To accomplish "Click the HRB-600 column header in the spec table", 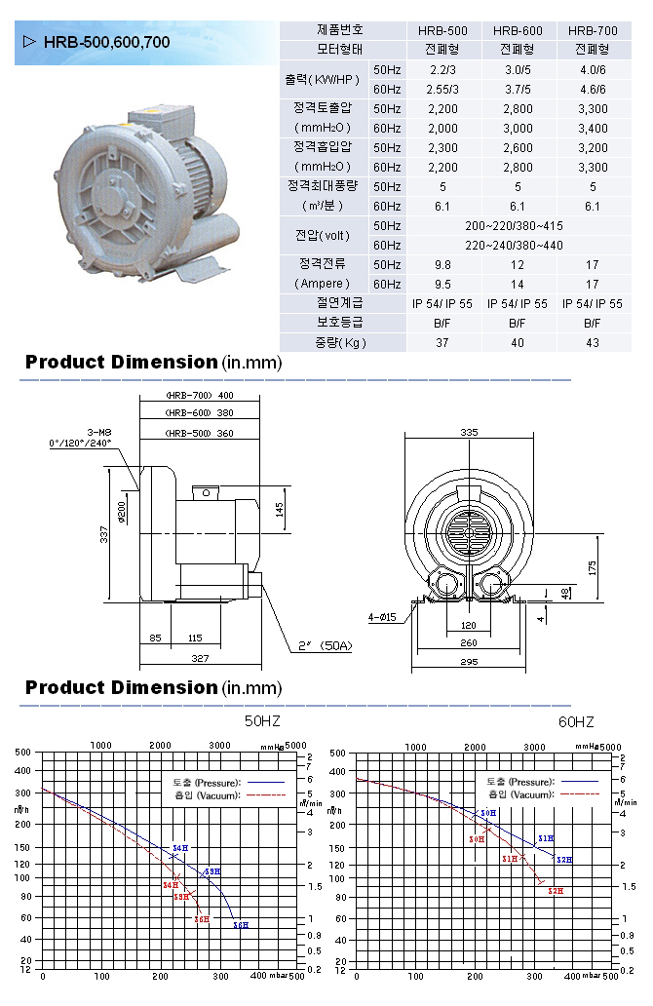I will tap(517, 30).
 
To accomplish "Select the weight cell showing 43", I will tap(592, 342).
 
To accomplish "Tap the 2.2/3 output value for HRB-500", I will tap(442, 69).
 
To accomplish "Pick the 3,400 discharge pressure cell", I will tap(592, 128).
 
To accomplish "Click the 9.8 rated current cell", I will tap(442, 264).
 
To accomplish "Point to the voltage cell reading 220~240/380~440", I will tap(517, 245).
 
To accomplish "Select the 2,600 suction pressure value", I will tap(517, 147).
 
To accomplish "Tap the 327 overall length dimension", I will tap(199, 659).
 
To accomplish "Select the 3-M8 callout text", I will tap(97, 432).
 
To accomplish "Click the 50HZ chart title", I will tap(262, 721).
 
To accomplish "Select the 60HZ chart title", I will tap(576, 721).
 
